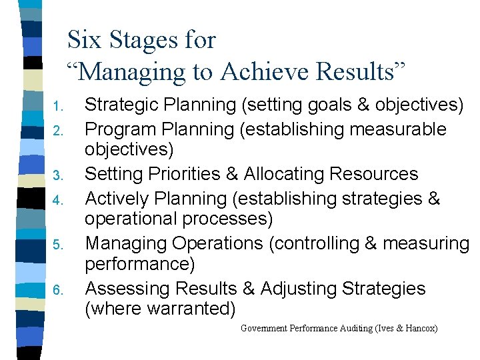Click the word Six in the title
pos(83,40)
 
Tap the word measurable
pos(399,128)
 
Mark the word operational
pos(133,219)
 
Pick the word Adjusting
pos(299,289)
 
